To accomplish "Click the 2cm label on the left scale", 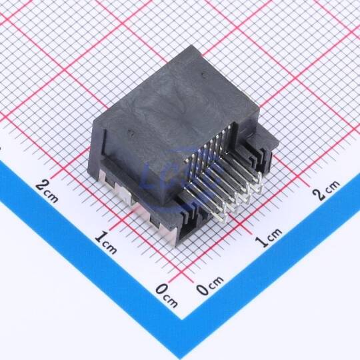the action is [47, 192].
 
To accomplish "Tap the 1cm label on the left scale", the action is [105, 243].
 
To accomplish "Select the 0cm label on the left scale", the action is [167, 296].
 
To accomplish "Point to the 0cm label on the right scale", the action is [209, 285].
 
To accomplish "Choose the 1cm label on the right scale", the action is [269, 237].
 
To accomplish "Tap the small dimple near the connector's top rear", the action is [203, 74].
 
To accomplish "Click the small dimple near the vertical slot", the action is [131, 133].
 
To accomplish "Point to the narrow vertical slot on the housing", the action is [105, 142].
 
